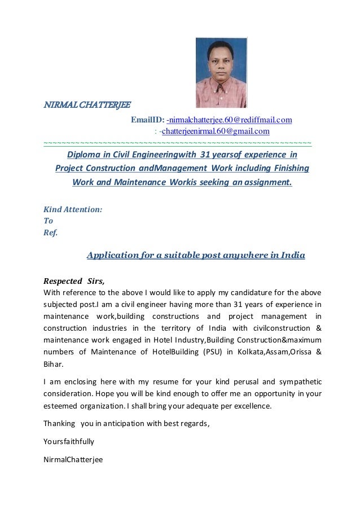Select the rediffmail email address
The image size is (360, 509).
229,120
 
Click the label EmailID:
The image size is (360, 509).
148,120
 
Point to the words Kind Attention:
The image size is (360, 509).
73,209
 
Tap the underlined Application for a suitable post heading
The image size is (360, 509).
196,255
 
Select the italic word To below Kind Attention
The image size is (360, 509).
49,221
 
